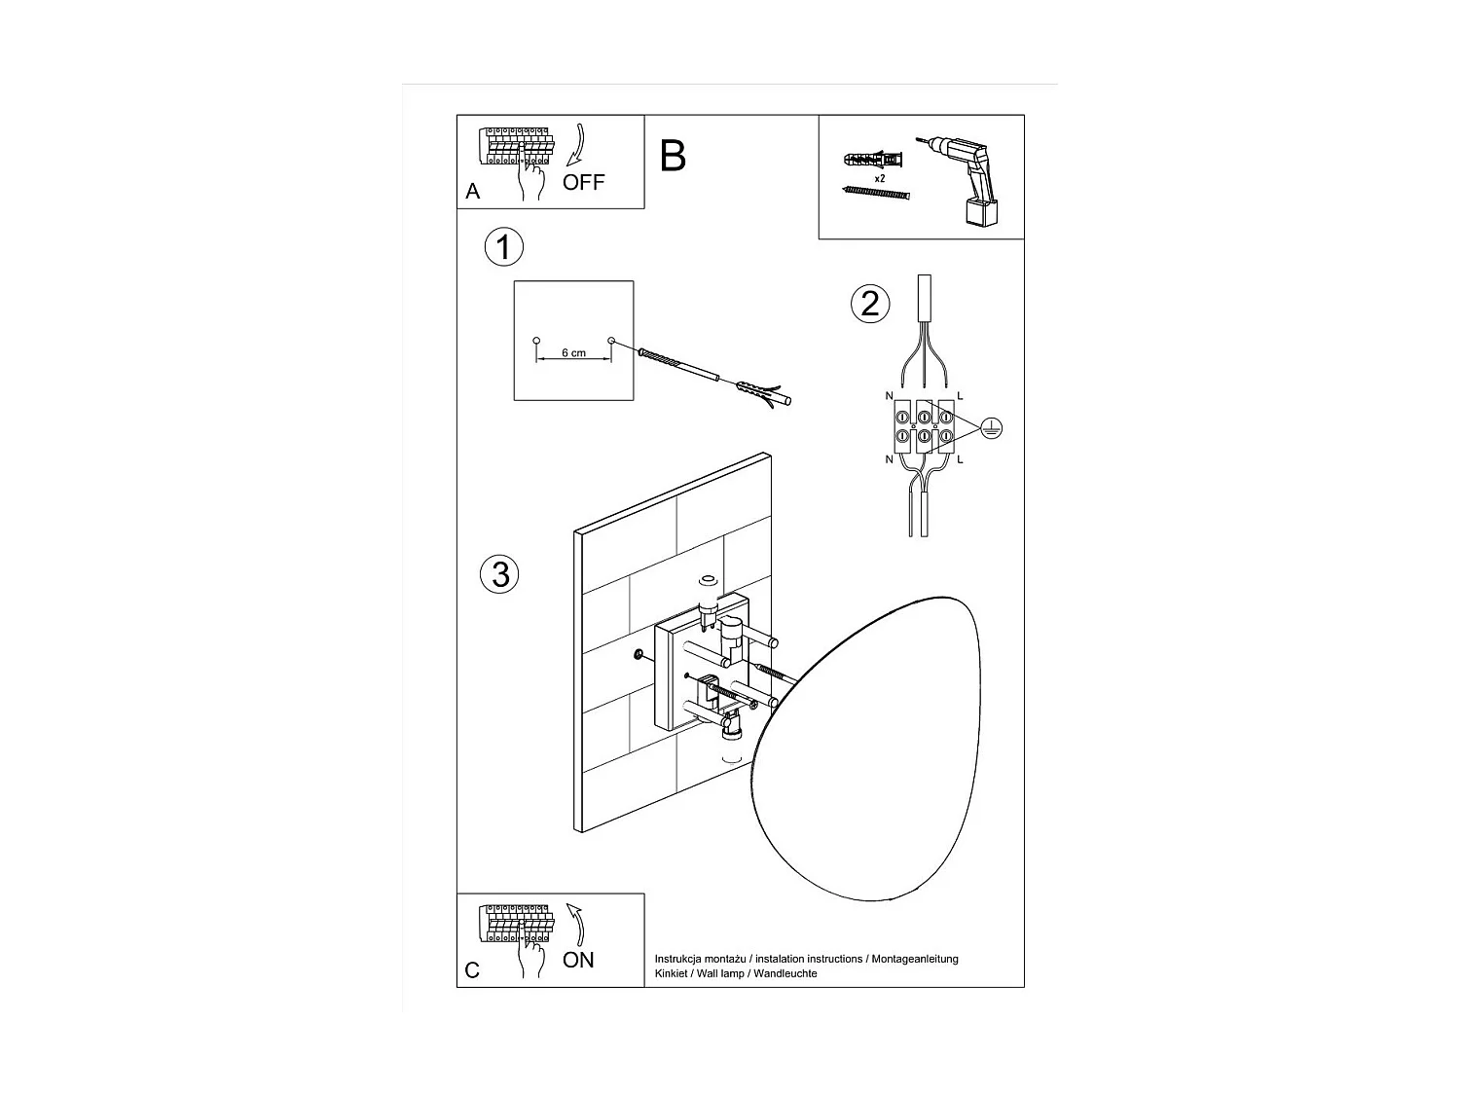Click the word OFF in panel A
583,182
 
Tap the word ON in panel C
578,960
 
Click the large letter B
673,157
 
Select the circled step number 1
503,246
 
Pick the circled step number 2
870,304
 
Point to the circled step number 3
499,574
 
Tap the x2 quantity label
879,179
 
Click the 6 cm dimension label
573,353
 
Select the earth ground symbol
992,428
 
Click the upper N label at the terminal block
889,396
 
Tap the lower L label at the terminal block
960,459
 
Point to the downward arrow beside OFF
576,144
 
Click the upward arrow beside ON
575,924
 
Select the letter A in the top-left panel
472,192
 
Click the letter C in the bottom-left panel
472,970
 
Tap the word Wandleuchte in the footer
785,973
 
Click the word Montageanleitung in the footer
915,960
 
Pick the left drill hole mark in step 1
536,341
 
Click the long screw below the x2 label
876,193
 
